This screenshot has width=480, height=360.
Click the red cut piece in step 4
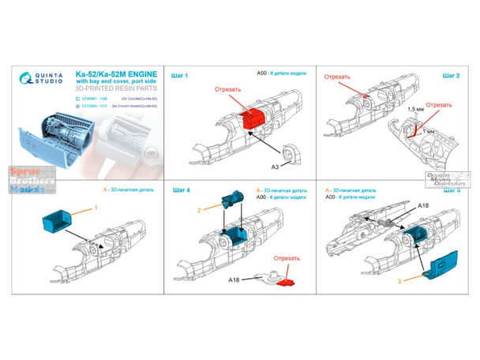point(288,280)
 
